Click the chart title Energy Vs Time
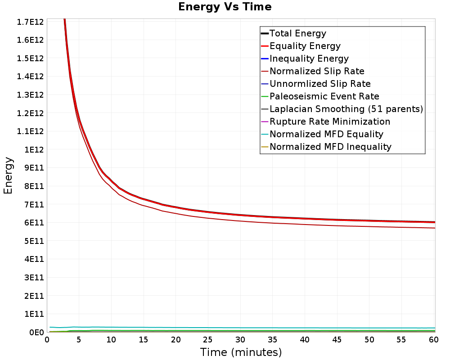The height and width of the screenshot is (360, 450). [225, 7]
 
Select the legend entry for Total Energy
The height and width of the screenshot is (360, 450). [297, 33]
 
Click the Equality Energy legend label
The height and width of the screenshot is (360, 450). [305, 46]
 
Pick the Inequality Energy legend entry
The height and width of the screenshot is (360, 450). [309, 58]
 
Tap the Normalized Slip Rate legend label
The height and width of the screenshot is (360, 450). [317, 71]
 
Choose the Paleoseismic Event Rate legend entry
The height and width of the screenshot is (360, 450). [324, 96]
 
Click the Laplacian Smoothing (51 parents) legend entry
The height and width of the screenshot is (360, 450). [346, 109]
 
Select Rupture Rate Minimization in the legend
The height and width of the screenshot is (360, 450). [330, 121]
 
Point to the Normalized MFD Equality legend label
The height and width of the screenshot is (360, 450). [326, 135]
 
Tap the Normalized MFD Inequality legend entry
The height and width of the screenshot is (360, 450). [330, 147]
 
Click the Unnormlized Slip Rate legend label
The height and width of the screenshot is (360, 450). [320, 84]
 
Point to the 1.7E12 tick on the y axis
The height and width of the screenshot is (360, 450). [30, 22]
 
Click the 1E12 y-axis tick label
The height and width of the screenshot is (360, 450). [34, 149]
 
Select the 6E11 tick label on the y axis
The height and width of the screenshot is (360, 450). [34, 222]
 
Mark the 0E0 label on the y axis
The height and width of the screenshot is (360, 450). [36, 332]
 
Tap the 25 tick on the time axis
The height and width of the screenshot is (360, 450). [207, 340]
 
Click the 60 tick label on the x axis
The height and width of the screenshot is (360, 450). [434, 340]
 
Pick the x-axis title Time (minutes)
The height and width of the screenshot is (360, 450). [241, 352]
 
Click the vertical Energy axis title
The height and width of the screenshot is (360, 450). [8, 175]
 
